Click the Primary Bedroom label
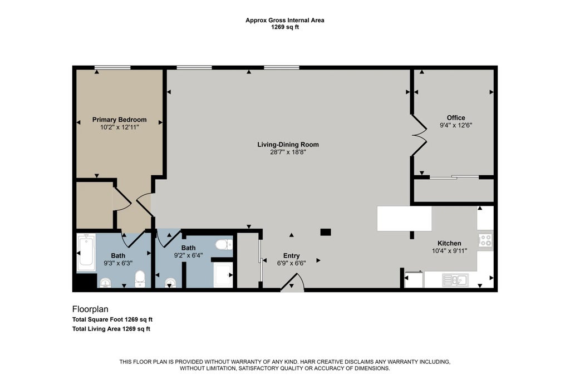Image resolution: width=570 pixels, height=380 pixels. point(119,120)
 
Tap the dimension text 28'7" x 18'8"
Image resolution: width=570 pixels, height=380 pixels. point(288,152)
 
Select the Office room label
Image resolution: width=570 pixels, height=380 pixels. point(456,118)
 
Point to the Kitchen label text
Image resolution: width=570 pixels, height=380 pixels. point(449,243)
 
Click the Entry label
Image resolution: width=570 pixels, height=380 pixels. point(292,256)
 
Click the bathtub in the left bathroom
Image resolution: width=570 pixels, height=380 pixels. point(86,253)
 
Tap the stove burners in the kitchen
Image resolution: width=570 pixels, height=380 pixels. point(485,240)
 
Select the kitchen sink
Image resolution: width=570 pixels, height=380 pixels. point(455,280)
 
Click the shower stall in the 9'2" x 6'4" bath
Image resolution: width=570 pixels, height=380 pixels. point(223,275)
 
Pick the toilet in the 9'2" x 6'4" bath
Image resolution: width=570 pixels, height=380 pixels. point(224,244)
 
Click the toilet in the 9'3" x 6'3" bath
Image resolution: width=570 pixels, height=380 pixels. point(140,279)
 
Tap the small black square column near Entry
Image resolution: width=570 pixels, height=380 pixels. point(325,232)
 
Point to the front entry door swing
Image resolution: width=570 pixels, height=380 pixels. point(293,283)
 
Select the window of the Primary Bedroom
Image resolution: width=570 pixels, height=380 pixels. point(112,67)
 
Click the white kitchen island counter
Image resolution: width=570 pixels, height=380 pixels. point(404,219)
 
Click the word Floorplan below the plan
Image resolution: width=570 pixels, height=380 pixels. point(90,309)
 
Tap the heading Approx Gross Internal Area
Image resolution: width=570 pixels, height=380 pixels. point(284,21)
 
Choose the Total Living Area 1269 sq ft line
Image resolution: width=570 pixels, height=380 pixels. point(111,329)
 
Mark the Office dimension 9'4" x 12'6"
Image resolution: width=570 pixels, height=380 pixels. point(456,125)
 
